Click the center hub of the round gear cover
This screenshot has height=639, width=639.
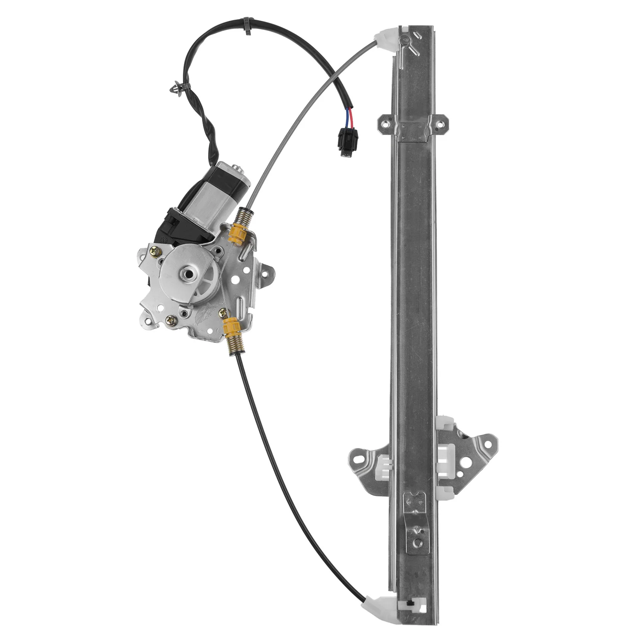point(187,274)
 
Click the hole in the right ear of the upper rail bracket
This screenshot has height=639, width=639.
point(442,123)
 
